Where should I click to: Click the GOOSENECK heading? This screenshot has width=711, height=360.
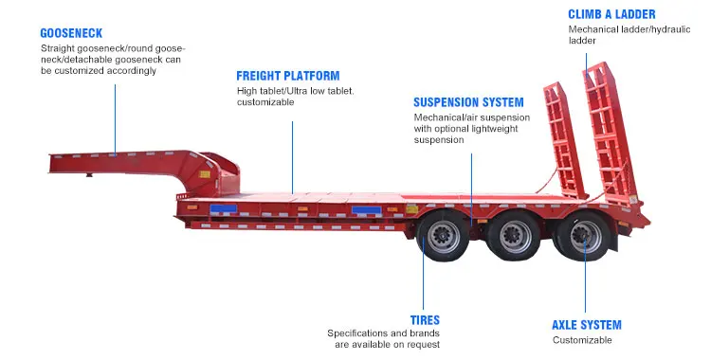(x=71, y=33)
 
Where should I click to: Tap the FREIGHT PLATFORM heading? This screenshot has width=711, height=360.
(x=288, y=76)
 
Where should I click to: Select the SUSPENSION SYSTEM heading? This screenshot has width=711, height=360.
(x=468, y=102)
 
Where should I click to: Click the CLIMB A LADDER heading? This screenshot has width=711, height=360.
(x=611, y=14)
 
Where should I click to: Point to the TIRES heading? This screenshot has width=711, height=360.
(x=425, y=320)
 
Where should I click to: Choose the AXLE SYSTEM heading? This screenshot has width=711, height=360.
(x=587, y=325)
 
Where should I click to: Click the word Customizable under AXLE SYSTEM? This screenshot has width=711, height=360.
(x=582, y=340)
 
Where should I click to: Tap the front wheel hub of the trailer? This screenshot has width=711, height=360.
(x=443, y=236)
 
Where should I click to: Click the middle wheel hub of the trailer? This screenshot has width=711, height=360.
(x=515, y=236)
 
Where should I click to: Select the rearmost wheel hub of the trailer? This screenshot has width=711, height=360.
(x=586, y=236)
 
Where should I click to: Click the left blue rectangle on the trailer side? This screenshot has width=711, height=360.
(x=223, y=208)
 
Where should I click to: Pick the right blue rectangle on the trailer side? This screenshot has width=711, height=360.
(x=367, y=210)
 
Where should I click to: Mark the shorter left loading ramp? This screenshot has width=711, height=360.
(x=565, y=139)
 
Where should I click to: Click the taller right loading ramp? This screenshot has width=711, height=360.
(x=609, y=134)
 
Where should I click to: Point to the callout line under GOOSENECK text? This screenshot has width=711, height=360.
(x=115, y=119)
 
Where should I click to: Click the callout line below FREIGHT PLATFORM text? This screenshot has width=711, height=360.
(x=293, y=157)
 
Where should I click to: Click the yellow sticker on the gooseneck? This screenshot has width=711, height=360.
(x=205, y=174)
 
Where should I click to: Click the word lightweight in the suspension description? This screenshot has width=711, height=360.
(x=494, y=129)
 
